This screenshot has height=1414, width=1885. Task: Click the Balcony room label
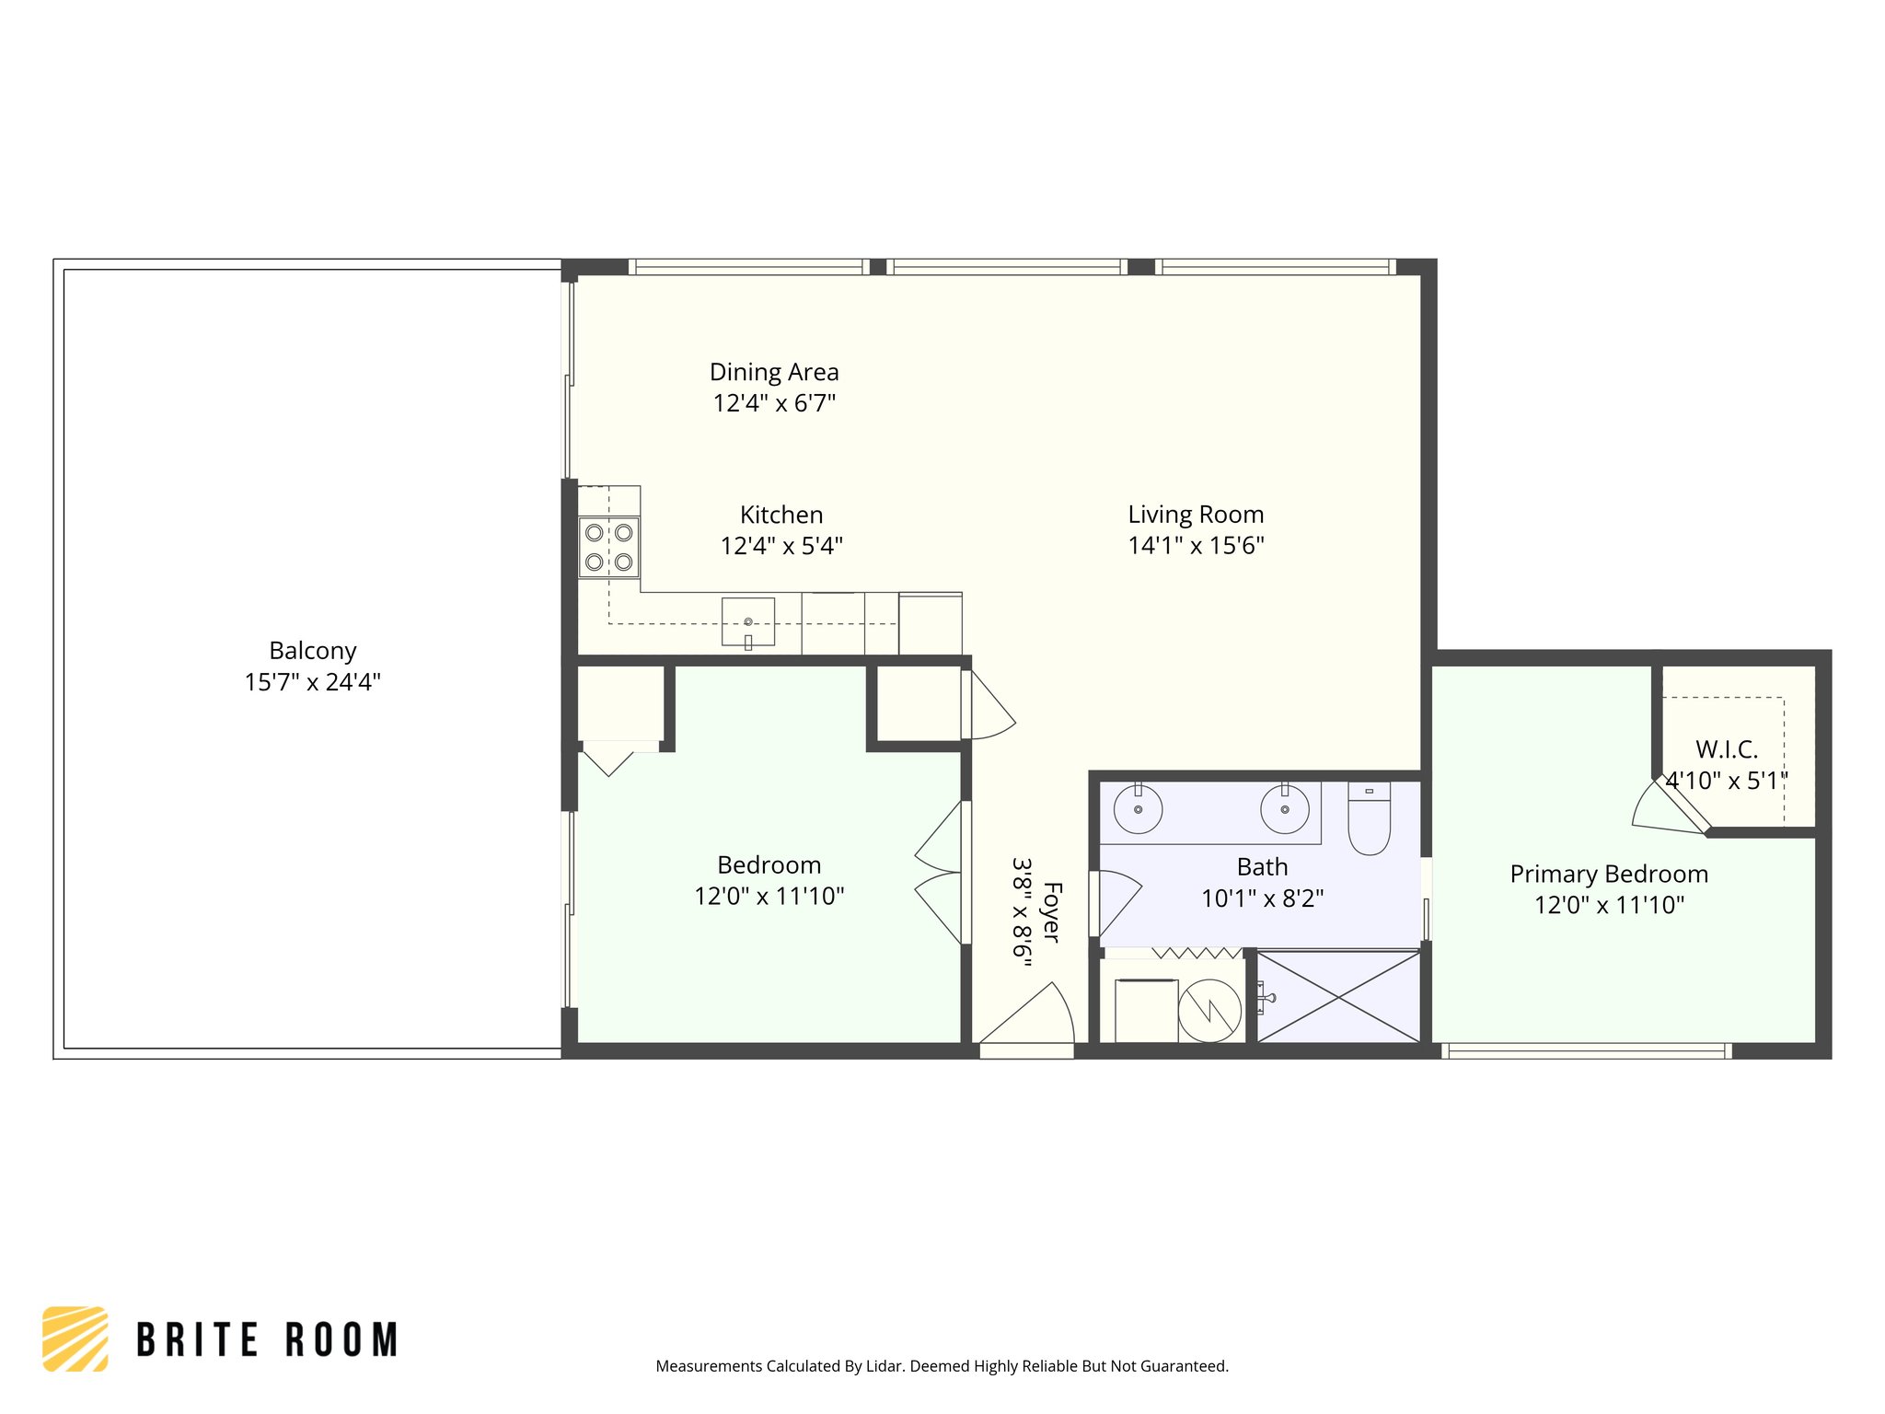[x=312, y=651]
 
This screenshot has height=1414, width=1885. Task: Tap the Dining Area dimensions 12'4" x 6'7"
[x=774, y=403]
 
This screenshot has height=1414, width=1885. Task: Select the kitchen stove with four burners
[x=608, y=547]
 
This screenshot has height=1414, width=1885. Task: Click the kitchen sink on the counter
[x=747, y=622]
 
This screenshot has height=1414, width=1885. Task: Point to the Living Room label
[x=1196, y=515]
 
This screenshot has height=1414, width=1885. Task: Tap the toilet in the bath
[x=1369, y=819]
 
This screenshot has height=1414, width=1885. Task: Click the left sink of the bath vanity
[x=1138, y=809]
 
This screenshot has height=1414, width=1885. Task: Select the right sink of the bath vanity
[x=1284, y=809]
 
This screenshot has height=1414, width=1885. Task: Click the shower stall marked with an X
[x=1338, y=997]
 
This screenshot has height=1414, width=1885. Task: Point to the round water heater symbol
[x=1209, y=1011]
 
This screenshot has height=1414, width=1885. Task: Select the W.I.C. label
[x=1726, y=749]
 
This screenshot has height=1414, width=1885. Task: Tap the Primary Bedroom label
[x=1609, y=874]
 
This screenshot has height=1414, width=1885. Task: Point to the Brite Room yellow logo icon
[x=75, y=1339]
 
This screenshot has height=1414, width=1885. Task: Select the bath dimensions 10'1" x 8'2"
[x=1262, y=898]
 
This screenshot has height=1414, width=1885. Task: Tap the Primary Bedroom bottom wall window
[x=1585, y=1050]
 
